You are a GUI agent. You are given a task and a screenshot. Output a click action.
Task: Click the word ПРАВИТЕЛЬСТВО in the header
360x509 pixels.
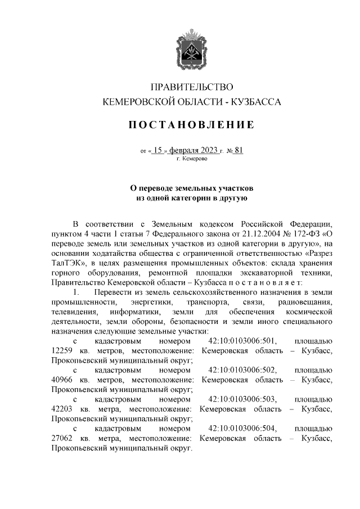pos(191,87)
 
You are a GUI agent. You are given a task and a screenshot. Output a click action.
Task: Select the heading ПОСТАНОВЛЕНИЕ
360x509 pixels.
pos(191,124)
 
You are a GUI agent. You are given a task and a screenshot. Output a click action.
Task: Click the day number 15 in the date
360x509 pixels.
pos(159,150)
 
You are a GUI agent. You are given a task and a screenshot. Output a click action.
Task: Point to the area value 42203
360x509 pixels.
pos(61,409)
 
